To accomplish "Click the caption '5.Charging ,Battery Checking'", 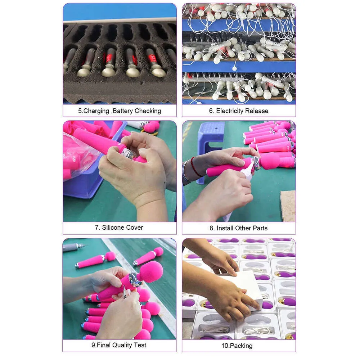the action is [x=120, y=111].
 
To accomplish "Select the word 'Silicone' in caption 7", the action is [x=111, y=228].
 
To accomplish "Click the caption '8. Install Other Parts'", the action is [x=238, y=228].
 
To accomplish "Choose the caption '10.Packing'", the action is [x=237, y=346].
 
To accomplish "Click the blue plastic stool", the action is [x=210, y=147].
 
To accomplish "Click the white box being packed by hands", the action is [x=243, y=289].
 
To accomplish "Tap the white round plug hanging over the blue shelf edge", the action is [x=234, y=68].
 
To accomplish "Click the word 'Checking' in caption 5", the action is [x=148, y=111].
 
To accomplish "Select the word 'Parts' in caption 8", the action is [x=260, y=228].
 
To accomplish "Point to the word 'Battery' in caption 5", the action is [x=123, y=111].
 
